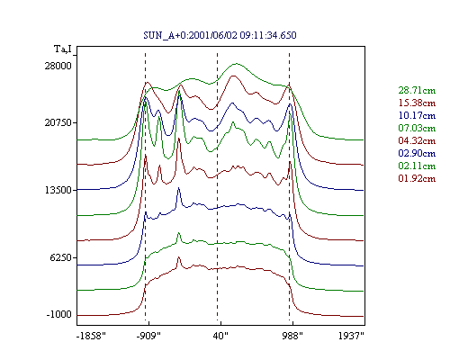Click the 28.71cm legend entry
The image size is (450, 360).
click(x=417, y=90)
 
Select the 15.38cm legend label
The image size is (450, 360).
click(x=417, y=103)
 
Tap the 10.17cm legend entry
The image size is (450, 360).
click(x=417, y=115)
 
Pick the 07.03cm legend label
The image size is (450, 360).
click(x=417, y=128)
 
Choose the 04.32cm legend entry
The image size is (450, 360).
click(x=417, y=140)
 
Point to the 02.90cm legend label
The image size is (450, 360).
click(x=417, y=153)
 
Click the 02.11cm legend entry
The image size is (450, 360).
click(x=417, y=166)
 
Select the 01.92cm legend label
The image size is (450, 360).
click(x=417, y=178)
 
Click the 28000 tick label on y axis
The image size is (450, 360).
click(x=58, y=66)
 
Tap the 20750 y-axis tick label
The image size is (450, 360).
click(x=58, y=122)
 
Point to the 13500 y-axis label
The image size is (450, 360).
click(x=58, y=190)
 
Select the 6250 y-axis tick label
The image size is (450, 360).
click(x=60, y=257)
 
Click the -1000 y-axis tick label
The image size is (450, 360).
click(x=59, y=314)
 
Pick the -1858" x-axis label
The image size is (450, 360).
click(x=91, y=336)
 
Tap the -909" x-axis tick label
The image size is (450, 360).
click(x=148, y=336)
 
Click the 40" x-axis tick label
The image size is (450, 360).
click(x=220, y=336)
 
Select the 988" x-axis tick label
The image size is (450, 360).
click(x=292, y=336)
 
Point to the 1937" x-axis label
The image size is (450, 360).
click(x=351, y=336)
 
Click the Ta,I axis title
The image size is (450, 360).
click(x=63, y=49)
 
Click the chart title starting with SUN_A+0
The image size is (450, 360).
click(x=220, y=35)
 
